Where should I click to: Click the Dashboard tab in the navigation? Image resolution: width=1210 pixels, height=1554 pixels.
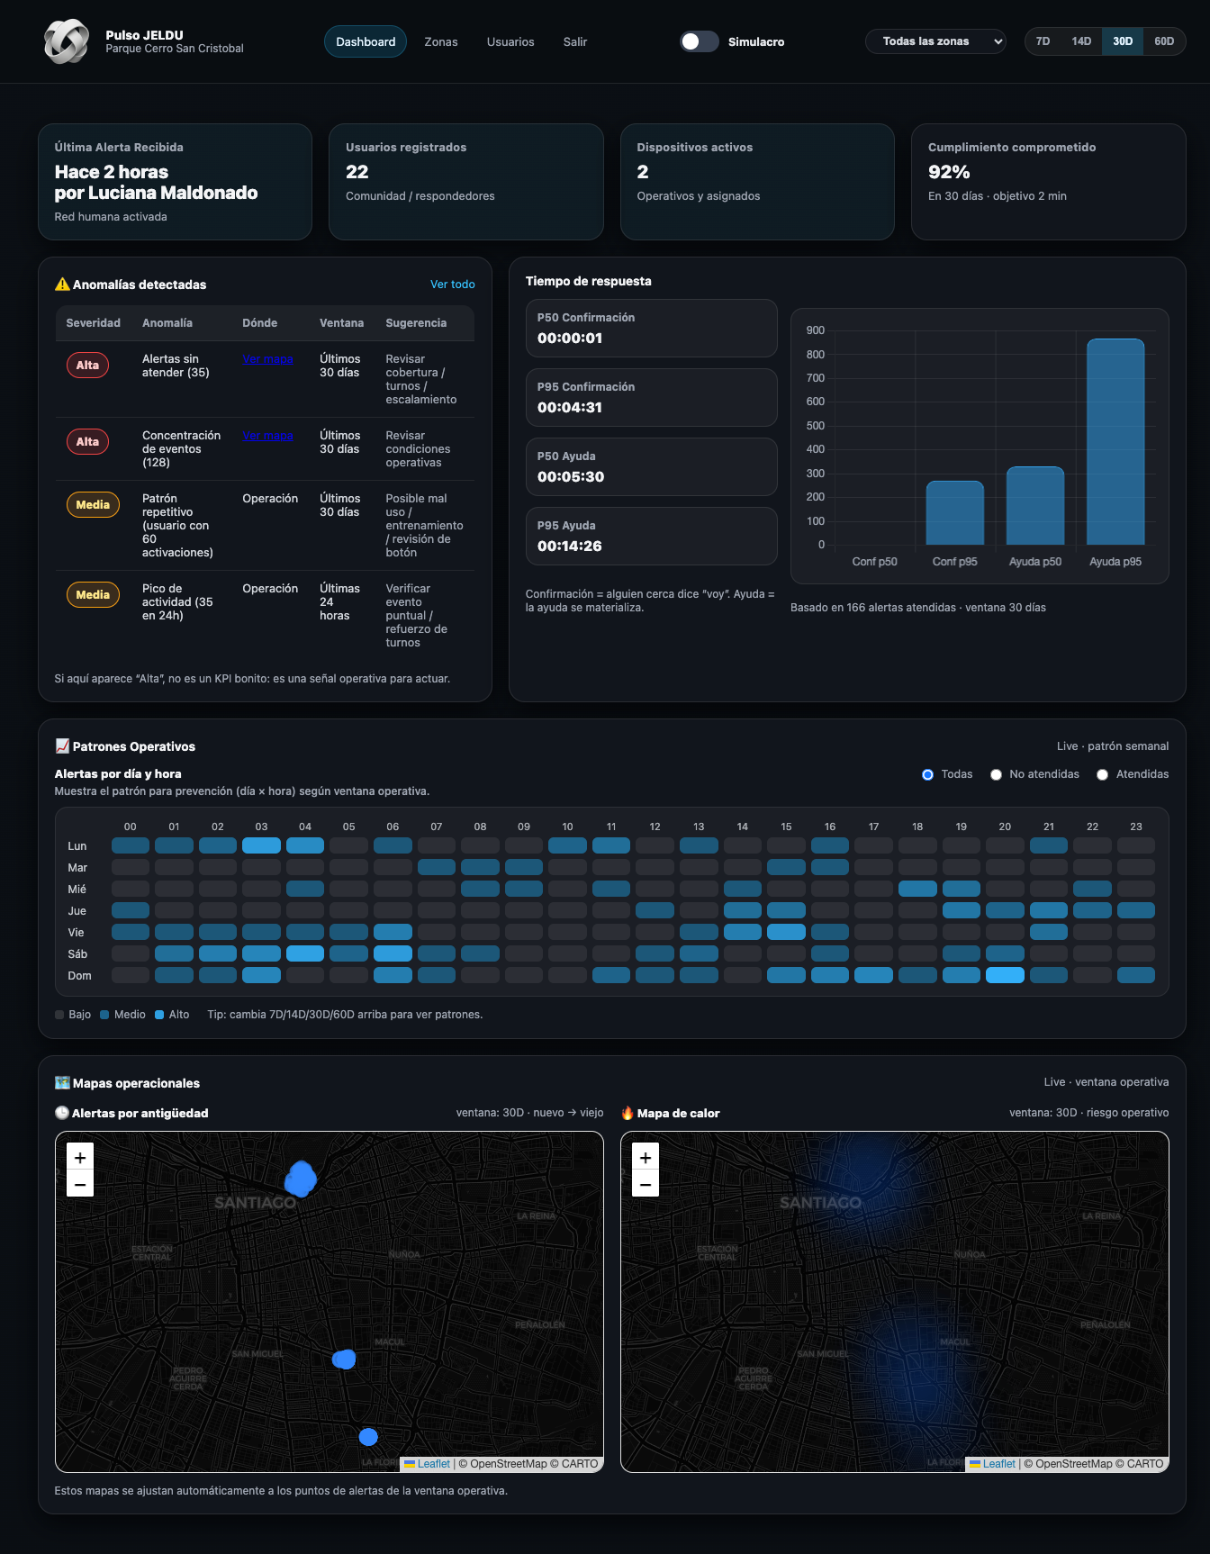[366, 42]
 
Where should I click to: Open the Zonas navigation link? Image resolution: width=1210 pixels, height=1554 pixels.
[441, 42]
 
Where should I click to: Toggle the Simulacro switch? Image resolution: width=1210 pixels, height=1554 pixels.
[699, 41]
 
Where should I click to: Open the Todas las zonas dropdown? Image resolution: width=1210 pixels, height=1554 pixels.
[935, 41]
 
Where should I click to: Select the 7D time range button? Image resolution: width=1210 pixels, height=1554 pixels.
[1043, 41]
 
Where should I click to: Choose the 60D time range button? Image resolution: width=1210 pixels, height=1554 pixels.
[1163, 41]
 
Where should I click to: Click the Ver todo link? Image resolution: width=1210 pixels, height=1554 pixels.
[452, 285]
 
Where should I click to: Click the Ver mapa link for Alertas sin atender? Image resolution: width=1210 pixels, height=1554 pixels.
[267, 359]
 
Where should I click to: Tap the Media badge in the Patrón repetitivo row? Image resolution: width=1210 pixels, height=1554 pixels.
[93, 505]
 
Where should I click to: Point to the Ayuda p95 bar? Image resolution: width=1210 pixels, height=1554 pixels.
[1115, 441]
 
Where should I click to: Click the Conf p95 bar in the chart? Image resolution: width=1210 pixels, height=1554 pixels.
[954, 512]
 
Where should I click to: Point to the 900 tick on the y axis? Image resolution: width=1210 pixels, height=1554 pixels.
[815, 330]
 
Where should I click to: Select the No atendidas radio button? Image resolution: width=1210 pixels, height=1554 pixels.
[997, 775]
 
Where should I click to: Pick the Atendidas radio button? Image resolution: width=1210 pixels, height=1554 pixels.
[1103, 775]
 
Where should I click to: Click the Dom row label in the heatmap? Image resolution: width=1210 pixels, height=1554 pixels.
[79, 976]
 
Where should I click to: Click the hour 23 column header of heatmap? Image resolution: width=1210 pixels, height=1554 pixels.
[1135, 827]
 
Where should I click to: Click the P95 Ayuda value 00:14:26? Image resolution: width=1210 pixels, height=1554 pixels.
[570, 547]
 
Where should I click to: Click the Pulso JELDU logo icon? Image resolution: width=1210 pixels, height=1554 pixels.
[67, 41]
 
